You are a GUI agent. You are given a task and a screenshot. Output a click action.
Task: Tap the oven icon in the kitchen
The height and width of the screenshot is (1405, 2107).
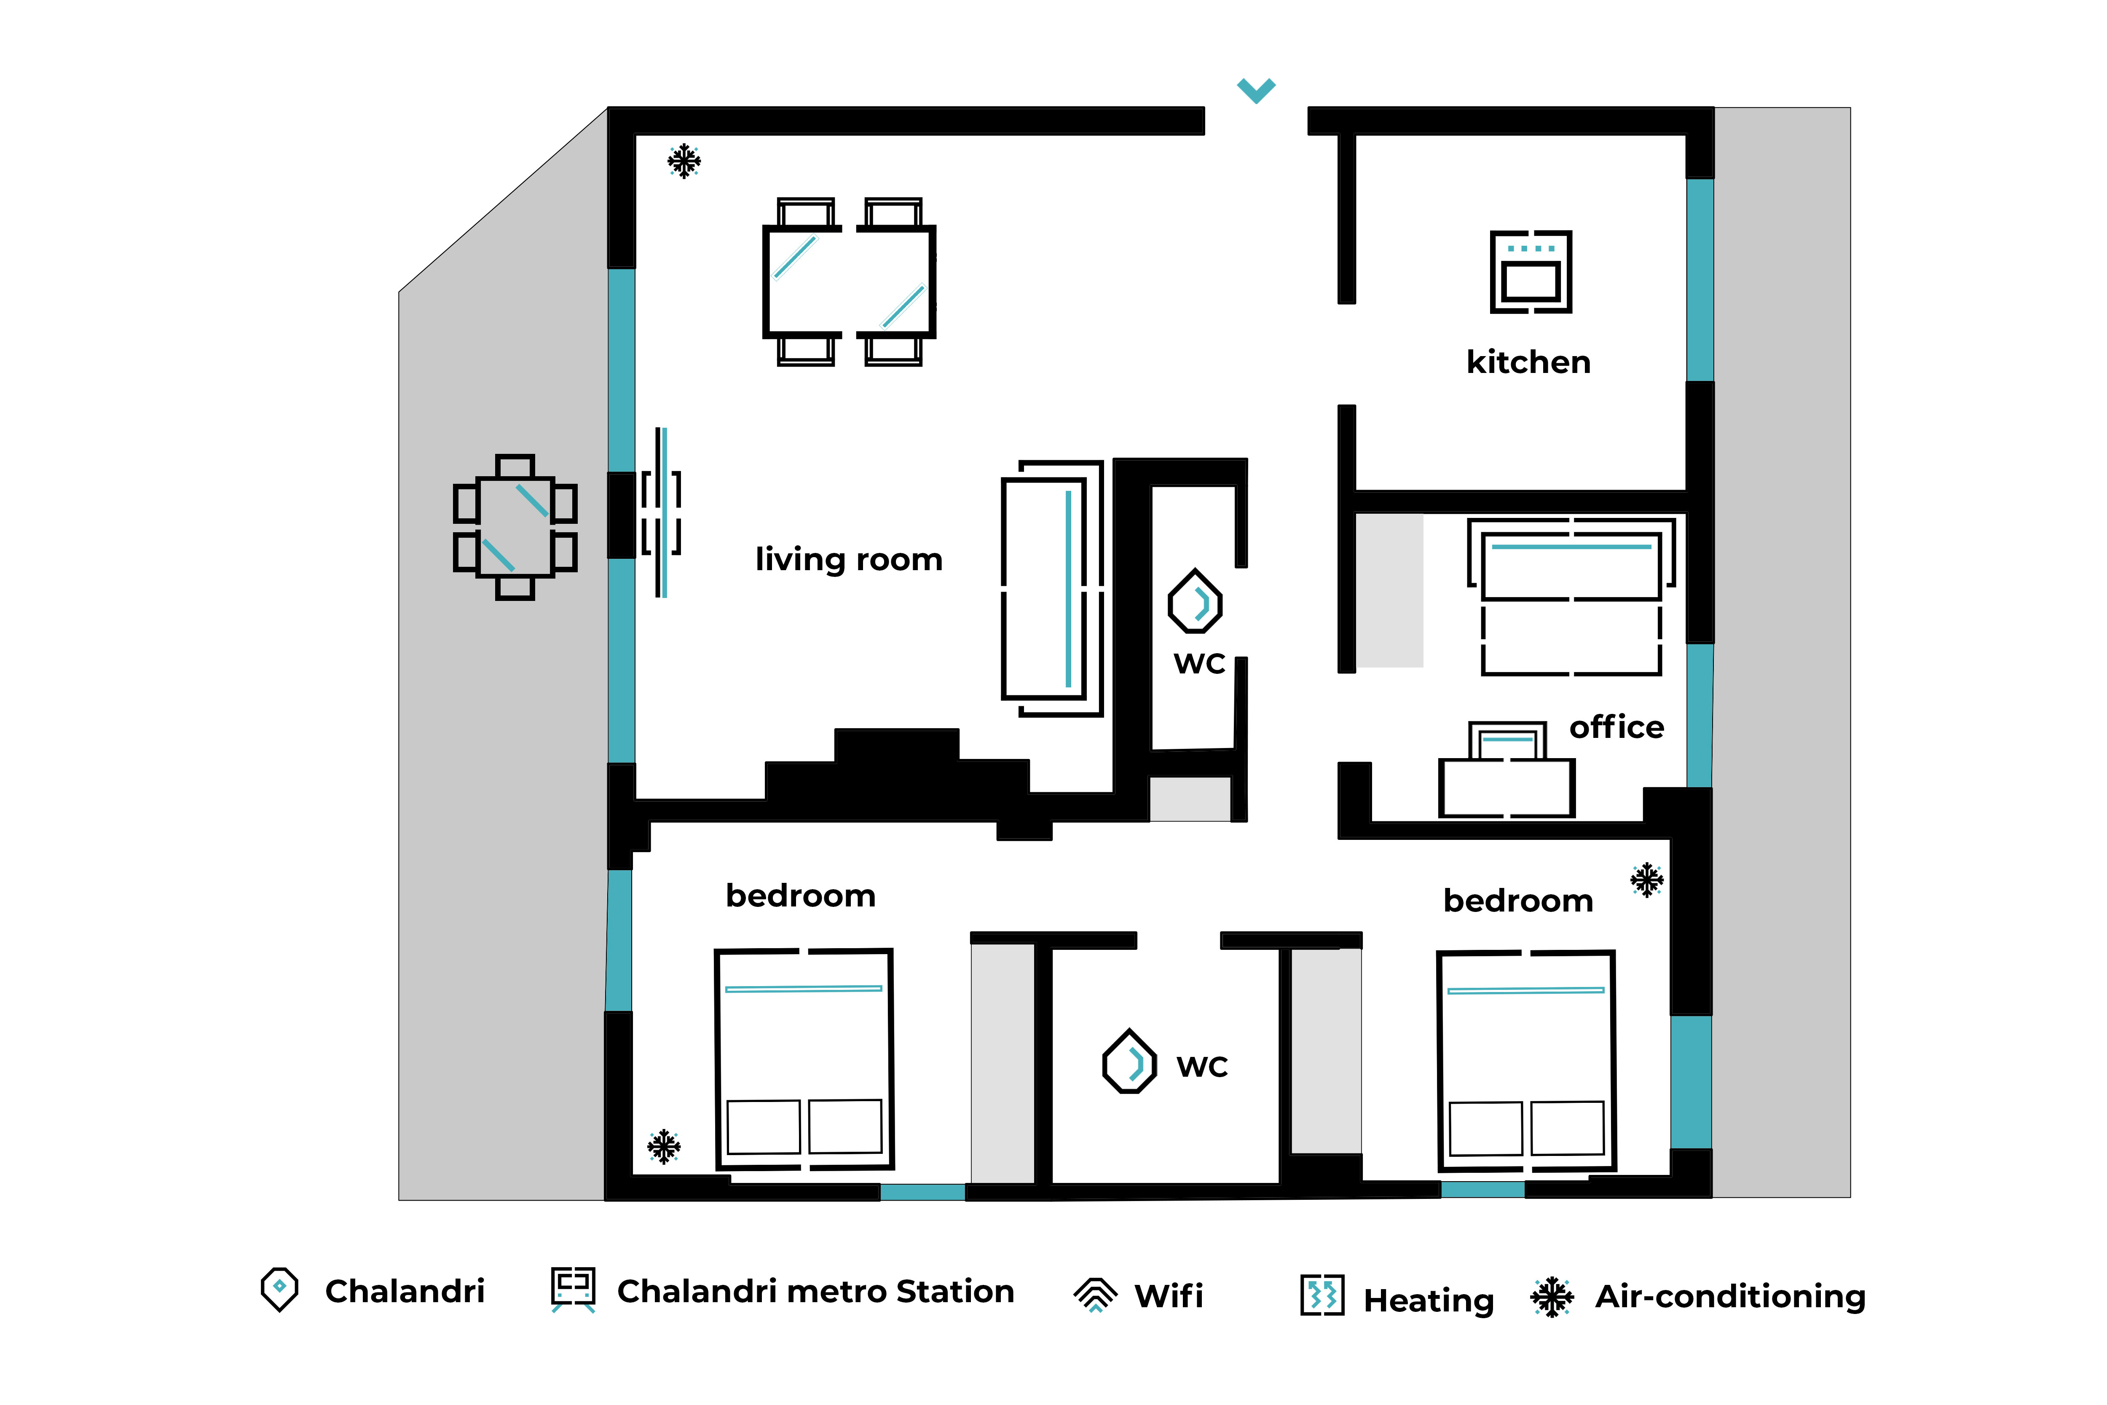click(1531, 271)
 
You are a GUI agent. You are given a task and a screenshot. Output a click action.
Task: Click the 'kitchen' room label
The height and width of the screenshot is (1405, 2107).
click(1528, 362)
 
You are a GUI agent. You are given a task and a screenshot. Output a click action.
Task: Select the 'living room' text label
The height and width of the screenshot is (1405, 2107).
click(848, 559)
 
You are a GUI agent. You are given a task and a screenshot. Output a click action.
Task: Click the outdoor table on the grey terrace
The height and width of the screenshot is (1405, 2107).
click(515, 527)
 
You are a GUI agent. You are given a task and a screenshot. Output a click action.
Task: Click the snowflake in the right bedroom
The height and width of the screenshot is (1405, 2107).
click(1646, 880)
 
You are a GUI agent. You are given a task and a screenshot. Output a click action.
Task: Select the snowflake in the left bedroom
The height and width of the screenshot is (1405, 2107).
click(664, 1146)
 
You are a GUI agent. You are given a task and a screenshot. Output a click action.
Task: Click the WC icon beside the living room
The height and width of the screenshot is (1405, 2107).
click(1195, 601)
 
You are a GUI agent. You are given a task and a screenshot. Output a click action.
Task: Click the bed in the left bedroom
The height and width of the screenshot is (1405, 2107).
click(804, 1059)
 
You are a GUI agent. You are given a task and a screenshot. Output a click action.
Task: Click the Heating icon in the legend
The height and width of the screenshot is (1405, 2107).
click(1322, 1295)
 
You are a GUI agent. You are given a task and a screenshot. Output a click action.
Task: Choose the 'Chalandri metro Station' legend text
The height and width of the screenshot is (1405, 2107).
click(815, 1291)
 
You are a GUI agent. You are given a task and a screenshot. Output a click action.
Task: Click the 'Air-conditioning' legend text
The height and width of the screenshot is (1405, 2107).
click(1730, 1297)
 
